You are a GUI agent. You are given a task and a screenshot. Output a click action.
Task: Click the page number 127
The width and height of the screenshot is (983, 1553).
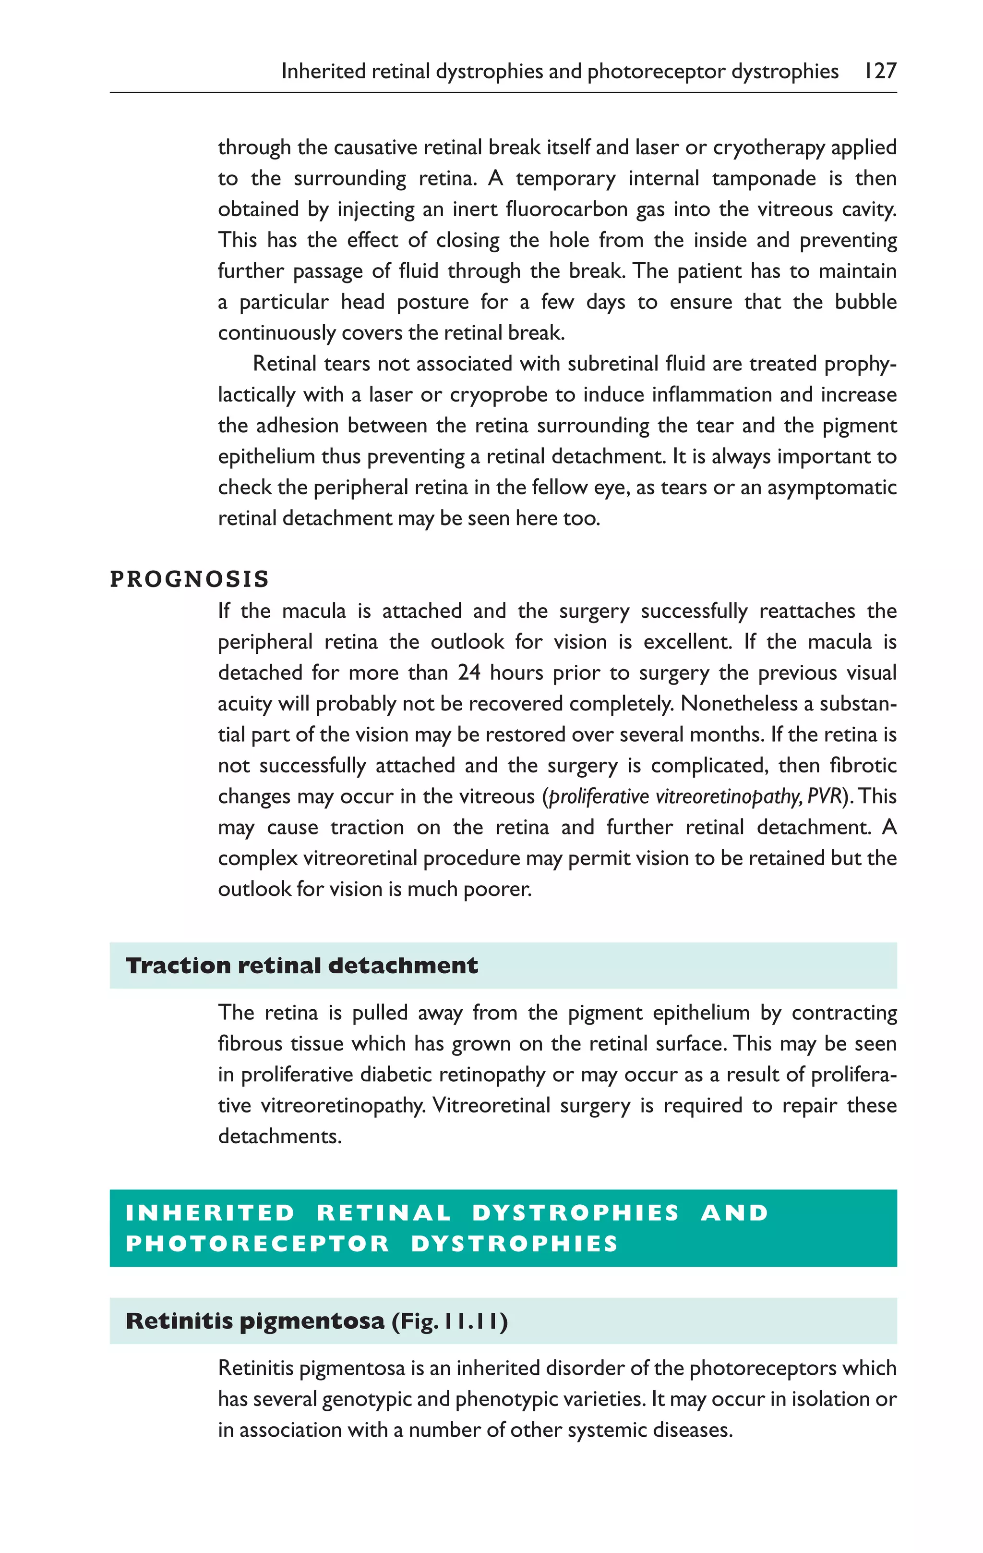[x=880, y=71]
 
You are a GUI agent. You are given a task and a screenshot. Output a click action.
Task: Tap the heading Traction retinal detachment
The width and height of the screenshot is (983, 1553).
[x=302, y=966]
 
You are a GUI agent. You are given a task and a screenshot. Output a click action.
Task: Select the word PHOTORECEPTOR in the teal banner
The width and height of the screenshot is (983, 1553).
[x=257, y=1244]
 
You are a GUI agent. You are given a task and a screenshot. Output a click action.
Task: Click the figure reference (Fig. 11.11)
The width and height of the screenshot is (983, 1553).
[x=449, y=1321]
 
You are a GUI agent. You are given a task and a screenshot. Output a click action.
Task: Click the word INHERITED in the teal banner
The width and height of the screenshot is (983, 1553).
[x=210, y=1212]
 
